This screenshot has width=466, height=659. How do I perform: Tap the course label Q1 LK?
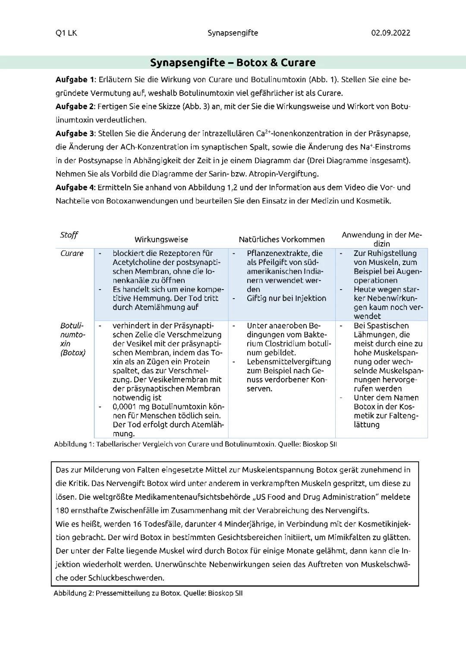click(x=66, y=33)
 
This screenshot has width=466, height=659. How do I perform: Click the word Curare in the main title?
click(x=298, y=63)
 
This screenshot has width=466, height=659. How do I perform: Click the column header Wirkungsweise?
click(x=161, y=240)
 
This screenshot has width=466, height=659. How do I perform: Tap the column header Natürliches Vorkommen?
click(x=281, y=240)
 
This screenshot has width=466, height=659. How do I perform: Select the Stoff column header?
click(x=69, y=235)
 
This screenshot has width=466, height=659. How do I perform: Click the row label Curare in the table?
click(x=72, y=253)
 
